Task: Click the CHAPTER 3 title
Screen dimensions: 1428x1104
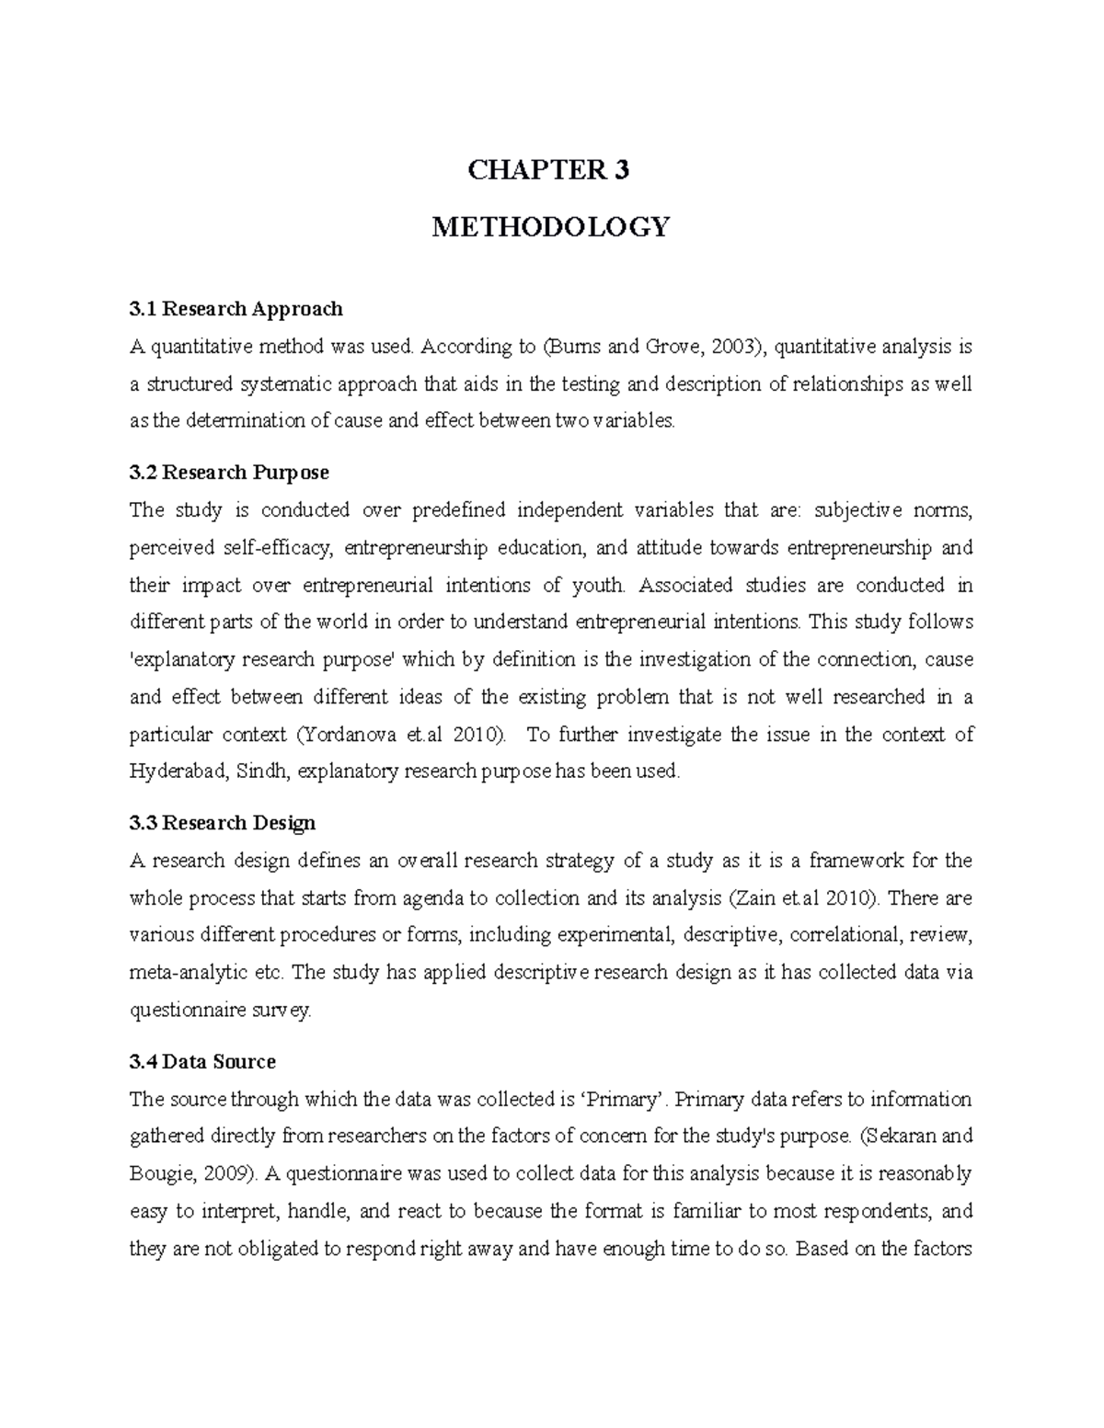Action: click(548, 170)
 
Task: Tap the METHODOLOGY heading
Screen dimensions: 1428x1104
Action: click(551, 226)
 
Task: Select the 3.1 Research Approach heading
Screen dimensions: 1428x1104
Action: click(236, 308)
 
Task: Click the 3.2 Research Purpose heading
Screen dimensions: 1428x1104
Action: click(229, 473)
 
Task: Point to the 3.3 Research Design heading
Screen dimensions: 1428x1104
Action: click(223, 822)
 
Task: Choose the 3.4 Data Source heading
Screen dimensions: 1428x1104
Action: click(202, 1062)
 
